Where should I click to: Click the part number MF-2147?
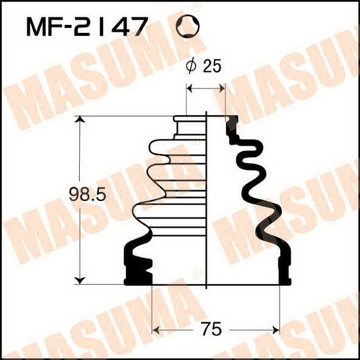tap(86, 27)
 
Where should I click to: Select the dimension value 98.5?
tap(87, 195)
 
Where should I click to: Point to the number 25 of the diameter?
tap(211, 66)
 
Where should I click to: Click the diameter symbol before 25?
tap(192, 66)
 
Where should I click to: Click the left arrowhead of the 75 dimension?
tap(156, 330)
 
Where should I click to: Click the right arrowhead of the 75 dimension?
tap(276, 330)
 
